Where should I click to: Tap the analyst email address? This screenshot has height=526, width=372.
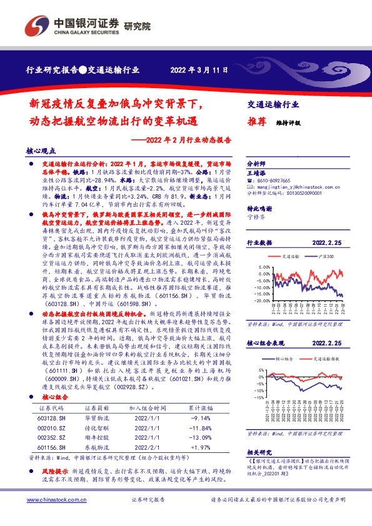coord(287,186)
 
